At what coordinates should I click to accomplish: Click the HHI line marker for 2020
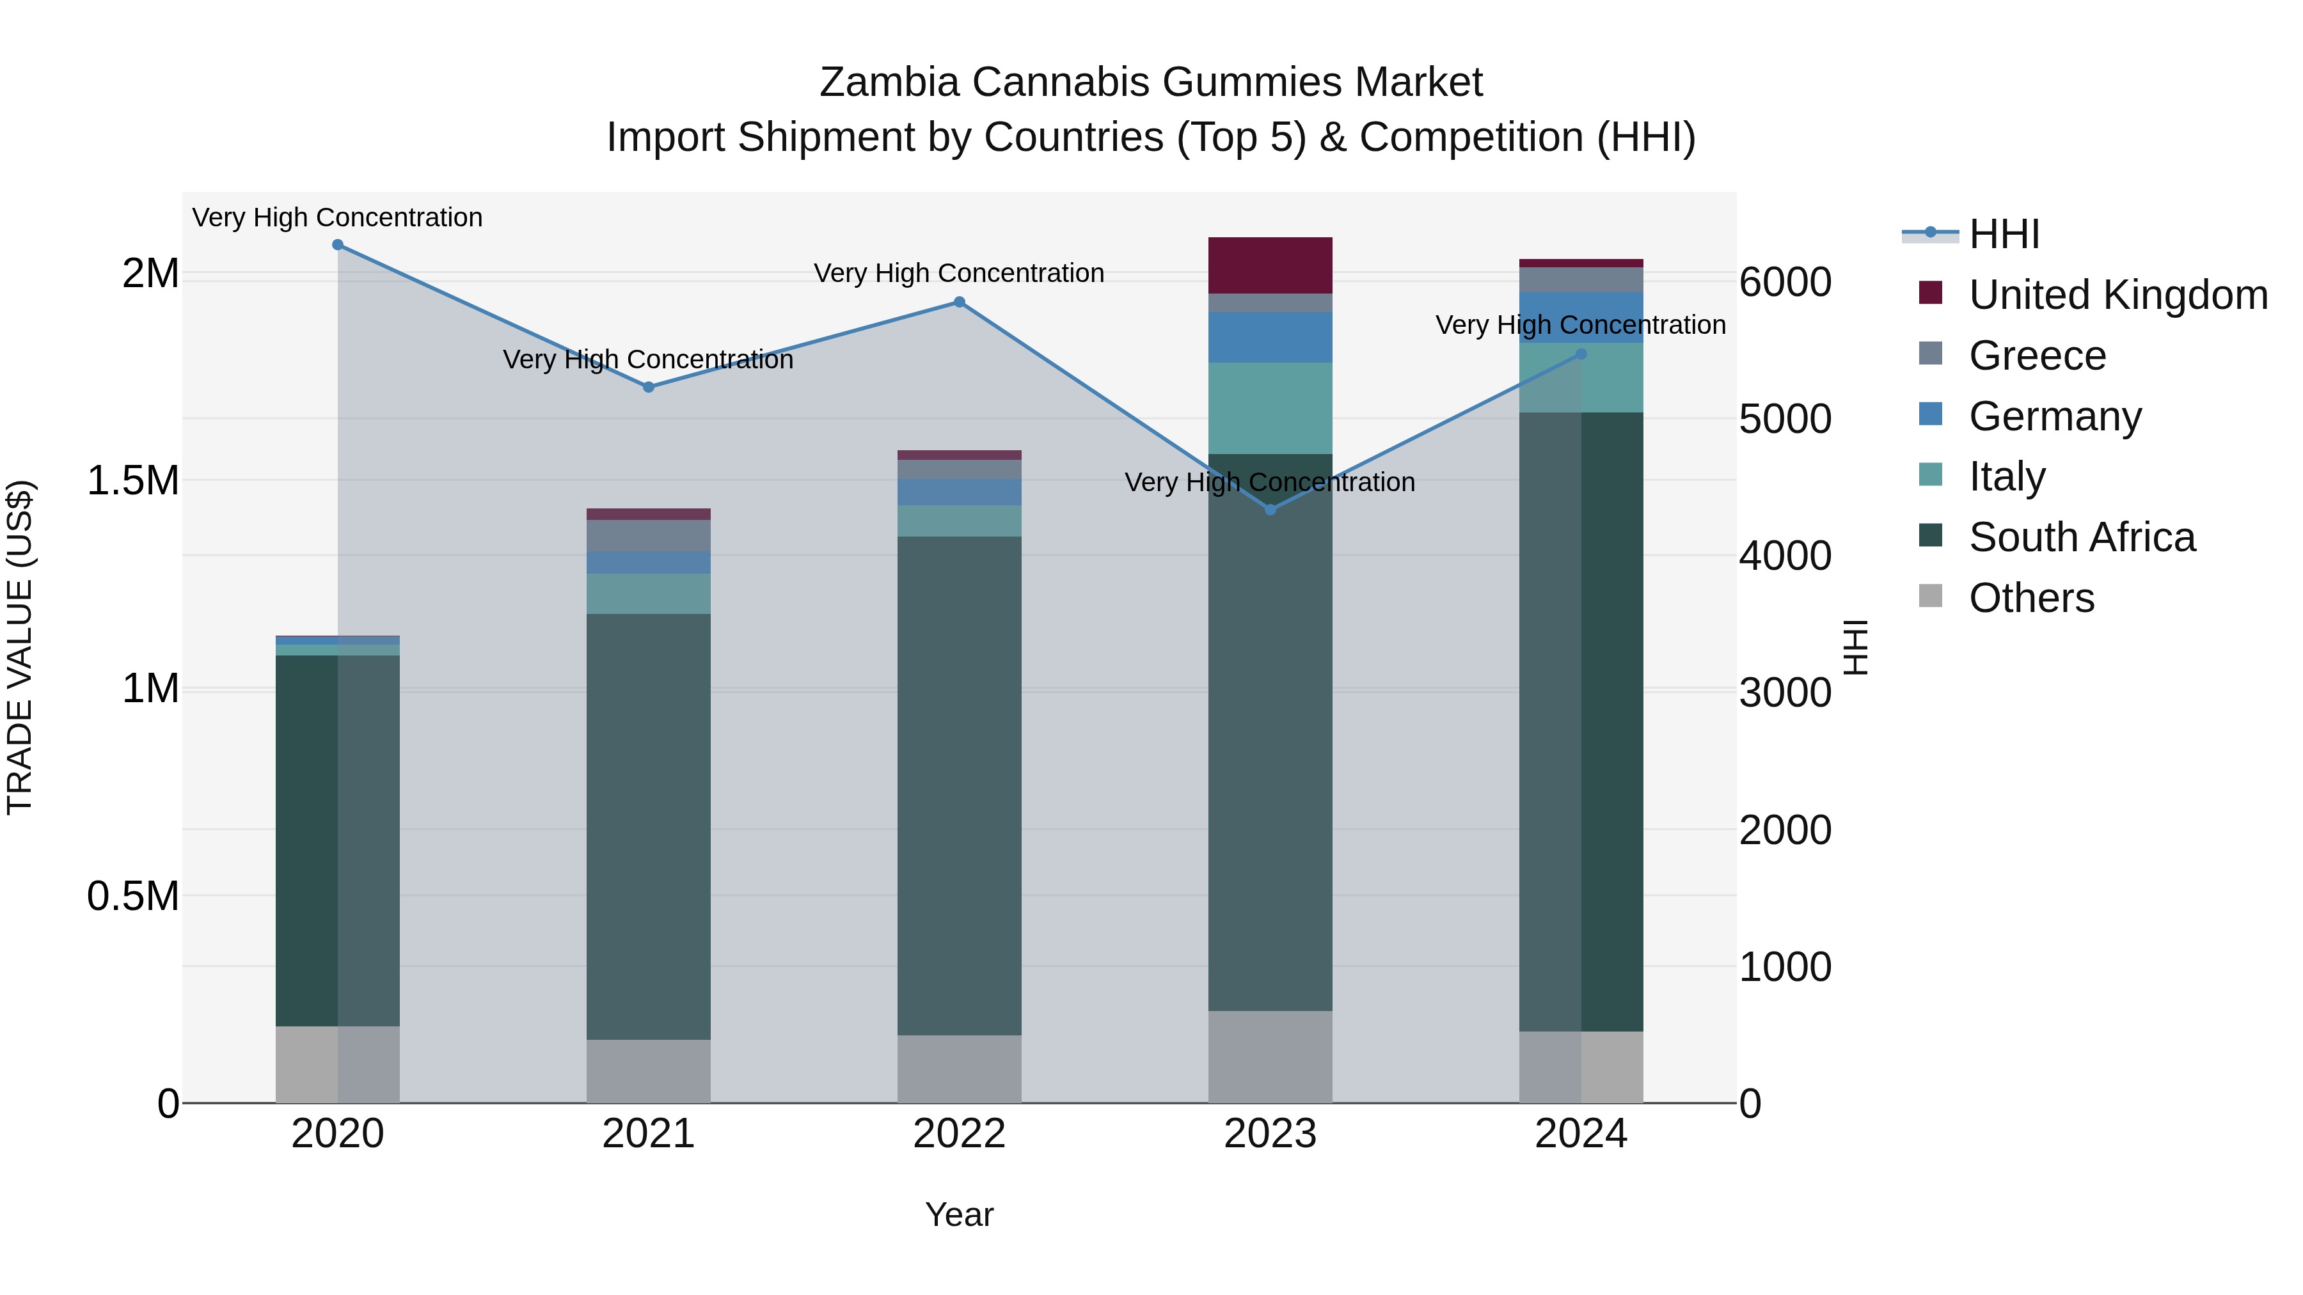[x=337, y=245]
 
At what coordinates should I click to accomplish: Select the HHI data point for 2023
[x=1270, y=510]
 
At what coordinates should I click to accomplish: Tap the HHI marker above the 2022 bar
[x=960, y=302]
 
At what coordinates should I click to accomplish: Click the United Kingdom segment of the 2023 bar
[x=1270, y=265]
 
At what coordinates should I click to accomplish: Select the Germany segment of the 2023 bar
[x=1270, y=337]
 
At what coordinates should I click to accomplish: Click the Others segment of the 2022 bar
[x=960, y=1069]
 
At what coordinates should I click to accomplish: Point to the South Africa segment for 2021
[x=648, y=827]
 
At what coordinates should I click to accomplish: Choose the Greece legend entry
[x=2038, y=356]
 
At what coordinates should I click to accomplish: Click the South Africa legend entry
[x=2081, y=537]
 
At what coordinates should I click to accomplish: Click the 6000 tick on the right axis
[x=1784, y=283]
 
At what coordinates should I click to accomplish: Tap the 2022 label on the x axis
[x=960, y=1134]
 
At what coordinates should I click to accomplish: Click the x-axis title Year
[x=960, y=1214]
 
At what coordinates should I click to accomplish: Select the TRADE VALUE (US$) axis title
[x=20, y=647]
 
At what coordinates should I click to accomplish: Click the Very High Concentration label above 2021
[x=648, y=359]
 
